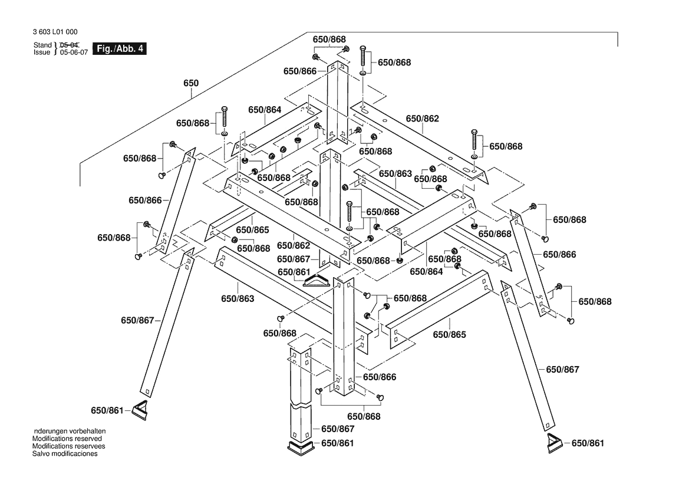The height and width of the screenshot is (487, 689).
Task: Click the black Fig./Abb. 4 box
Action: (120, 49)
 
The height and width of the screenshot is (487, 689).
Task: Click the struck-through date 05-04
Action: (70, 45)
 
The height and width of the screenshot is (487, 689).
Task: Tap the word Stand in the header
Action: (42, 45)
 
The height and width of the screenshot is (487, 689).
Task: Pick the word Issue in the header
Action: (42, 52)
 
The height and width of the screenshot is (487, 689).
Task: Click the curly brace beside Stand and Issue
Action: (55, 48)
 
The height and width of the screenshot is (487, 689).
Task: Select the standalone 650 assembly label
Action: (191, 84)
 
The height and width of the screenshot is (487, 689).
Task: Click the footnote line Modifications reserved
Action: (67, 439)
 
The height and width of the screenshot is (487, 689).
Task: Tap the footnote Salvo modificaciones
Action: (65, 453)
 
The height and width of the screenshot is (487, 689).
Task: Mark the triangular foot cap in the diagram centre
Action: (318, 280)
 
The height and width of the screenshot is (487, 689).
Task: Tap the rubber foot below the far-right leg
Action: (555, 442)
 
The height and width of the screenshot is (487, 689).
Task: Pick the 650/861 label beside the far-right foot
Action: (588, 443)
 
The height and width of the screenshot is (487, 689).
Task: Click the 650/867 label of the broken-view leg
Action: (338, 429)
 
